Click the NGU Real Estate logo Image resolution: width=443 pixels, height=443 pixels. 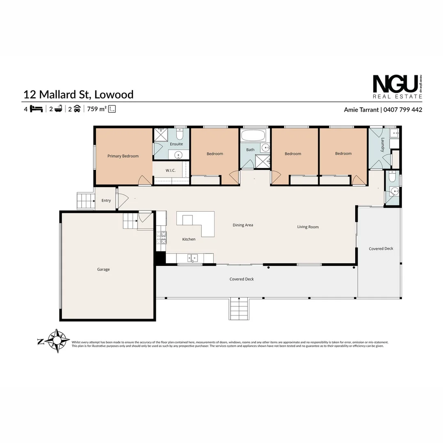pyautogui.click(x=397, y=87)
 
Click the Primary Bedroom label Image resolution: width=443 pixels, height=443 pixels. pyautogui.click(x=123, y=156)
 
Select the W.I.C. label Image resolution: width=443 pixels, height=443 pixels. pyautogui.click(x=171, y=170)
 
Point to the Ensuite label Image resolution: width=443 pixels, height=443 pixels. pyautogui.click(x=176, y=144)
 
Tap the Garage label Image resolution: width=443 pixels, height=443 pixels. pyautogui.click(x=103, y=269)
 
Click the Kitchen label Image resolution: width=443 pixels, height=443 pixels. pyautogui.click(x=189, y=239)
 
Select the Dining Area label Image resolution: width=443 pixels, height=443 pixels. pyautogui.click(x=243, y=225)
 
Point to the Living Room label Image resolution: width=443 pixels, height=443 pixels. pyautogui.click(x=308, y=227)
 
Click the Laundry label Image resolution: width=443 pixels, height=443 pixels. pyautogui.click(x=382, y=145)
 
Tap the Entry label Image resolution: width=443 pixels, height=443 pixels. pyautogui.click(x=106, y=201)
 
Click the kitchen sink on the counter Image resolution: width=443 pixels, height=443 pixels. pyautogui.click(x=192, y=258)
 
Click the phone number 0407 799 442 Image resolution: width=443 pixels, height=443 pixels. pyautogui.click(x=403, y=110)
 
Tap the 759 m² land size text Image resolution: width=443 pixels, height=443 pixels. pyautogui.click(x=97, y=109)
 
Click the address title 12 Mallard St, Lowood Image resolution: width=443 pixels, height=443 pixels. pyautogui.click(x=79, y=94)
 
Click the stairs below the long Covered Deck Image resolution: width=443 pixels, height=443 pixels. pyautogui.click(x=239, y=308)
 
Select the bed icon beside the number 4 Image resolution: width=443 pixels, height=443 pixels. pyautogui.click(x=37, y=109)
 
